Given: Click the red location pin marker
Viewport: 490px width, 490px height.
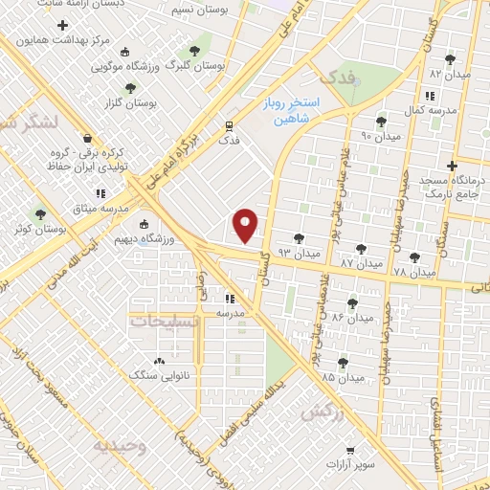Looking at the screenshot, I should (247, 225).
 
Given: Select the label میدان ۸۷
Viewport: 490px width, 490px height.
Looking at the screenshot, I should (362, 261).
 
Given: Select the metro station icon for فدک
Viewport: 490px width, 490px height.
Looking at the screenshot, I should (230, 125).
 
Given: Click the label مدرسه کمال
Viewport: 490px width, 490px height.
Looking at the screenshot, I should (426, 111).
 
